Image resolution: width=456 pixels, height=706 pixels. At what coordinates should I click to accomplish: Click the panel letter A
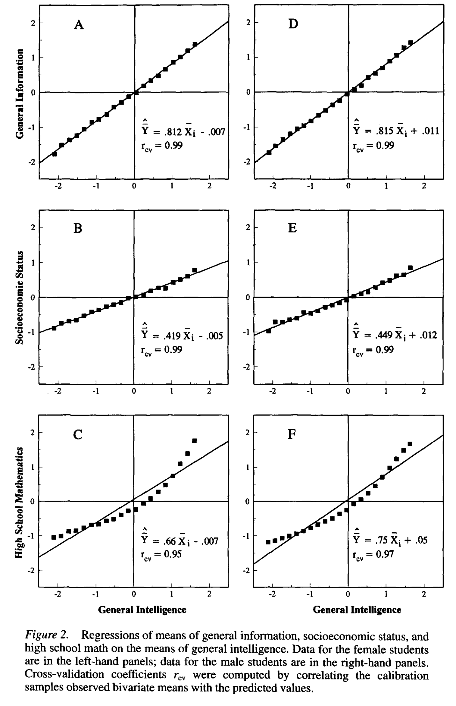[79, 25]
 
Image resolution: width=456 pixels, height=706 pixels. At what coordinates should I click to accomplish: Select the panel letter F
[292, 434]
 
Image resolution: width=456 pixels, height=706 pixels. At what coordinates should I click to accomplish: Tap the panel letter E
[292, 228]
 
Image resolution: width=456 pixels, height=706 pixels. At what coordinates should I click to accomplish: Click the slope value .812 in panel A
[172, 132]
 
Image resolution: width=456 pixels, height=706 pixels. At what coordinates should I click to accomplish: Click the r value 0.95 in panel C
[173, 554]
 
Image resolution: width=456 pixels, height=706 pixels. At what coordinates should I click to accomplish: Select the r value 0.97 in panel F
[385, 554]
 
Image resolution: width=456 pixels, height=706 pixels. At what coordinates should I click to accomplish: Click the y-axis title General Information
[20, 94]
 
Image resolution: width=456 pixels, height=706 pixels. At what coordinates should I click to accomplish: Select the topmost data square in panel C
[194, 441]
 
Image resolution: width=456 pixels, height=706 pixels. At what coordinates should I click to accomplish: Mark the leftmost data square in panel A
[55, 154]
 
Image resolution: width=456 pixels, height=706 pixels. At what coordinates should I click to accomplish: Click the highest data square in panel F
[410, 444]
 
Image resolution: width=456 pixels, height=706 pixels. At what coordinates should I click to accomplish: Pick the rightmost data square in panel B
[195, 270]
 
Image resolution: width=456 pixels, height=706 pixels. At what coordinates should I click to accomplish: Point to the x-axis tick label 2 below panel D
[424, 186]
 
